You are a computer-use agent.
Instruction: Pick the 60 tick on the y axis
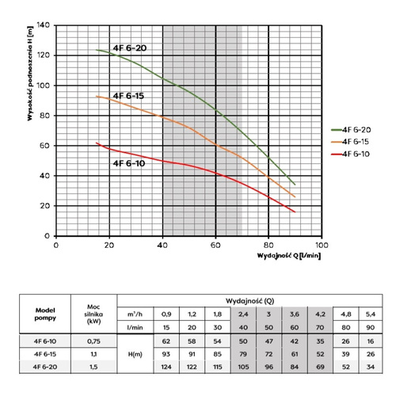tap(44, 146)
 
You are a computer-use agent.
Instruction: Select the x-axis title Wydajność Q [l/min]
tap(288, 257)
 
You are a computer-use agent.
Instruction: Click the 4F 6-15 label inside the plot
tap(128, 96)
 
